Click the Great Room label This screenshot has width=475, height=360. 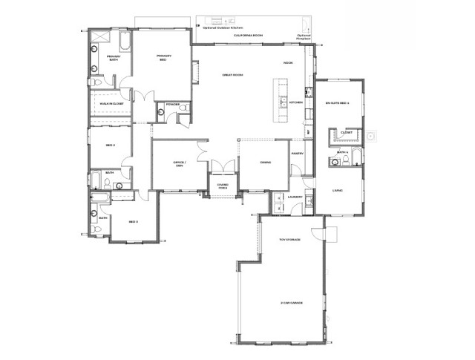pyautogui.click(x=232, y=75)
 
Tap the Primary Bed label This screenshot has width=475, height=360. pyautogui.click(x=164, y=58)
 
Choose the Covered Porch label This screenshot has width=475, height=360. pyautogui.click(x=222, y=186)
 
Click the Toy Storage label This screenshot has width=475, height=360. pyautogui.click(x=289, y=240)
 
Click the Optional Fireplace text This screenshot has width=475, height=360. pyautogui.click(x=304, y=36)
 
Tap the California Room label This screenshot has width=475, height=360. pyautogui.click(x=248, y=36)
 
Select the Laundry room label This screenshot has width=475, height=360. pyautogui.click(x=294, y=197)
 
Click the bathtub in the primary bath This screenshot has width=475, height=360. pyautogui.click(x=124, y=45)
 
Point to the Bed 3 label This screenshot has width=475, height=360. pyautogui.click(x=134, y=222)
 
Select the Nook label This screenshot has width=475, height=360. pyautogui.click(x=288, y=63)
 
